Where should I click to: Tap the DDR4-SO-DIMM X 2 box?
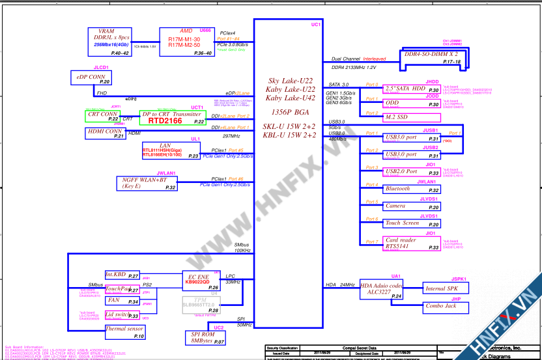pos(431,57)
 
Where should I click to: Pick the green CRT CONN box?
pos(103,116)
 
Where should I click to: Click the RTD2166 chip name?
pos(165,121)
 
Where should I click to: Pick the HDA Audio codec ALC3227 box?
pos(382,289)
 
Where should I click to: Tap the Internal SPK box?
pos(442,288)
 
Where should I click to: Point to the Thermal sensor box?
pos(124,332)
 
